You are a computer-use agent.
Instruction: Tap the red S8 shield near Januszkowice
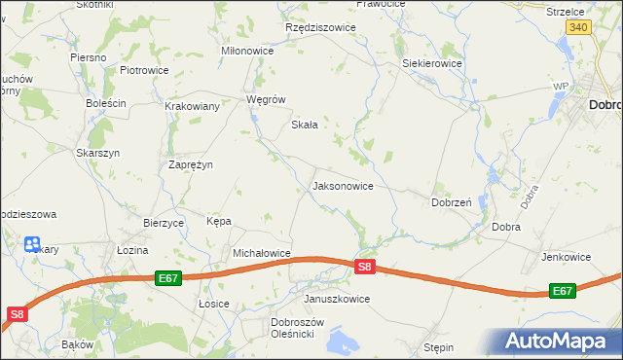point(364,267)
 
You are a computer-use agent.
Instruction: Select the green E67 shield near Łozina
point(167,278)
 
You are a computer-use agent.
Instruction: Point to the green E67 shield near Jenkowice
point(562,291)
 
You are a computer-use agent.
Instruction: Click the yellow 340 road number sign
point(577,28)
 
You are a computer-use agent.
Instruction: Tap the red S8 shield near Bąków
point(18,313)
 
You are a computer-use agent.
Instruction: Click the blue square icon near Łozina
point(32,244)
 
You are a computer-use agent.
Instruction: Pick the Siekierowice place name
point(432,63)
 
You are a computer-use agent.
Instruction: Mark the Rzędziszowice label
point(320,28)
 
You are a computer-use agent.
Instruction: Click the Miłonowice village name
point(248,51)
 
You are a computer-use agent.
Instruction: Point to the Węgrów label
point(266,99)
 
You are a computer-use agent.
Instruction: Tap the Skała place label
point(306,125)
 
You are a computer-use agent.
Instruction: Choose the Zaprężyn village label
point(191,164)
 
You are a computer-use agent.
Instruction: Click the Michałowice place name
point(262,253)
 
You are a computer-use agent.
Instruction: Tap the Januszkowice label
point(337,299)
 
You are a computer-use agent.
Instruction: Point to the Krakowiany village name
point(192,106)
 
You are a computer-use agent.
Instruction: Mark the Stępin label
point(439,345)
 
